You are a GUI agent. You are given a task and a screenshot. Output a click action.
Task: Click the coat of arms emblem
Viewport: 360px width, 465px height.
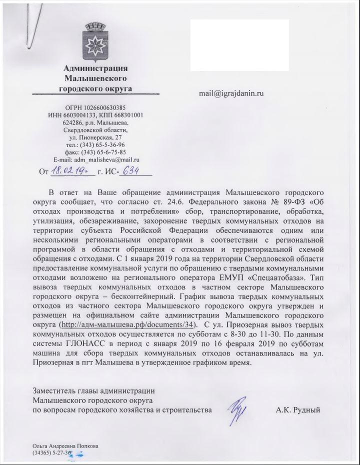[x=95, y=41]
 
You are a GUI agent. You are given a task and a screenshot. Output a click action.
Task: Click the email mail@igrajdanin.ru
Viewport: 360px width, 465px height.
[x=231, y=92]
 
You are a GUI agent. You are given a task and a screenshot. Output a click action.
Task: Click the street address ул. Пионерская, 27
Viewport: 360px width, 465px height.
[x=95, y=137]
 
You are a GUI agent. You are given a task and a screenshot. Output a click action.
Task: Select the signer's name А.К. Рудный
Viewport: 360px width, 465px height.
[x=297, y=410]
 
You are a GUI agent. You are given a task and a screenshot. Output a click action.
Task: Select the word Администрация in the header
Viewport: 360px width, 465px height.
[x=95, y=68]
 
